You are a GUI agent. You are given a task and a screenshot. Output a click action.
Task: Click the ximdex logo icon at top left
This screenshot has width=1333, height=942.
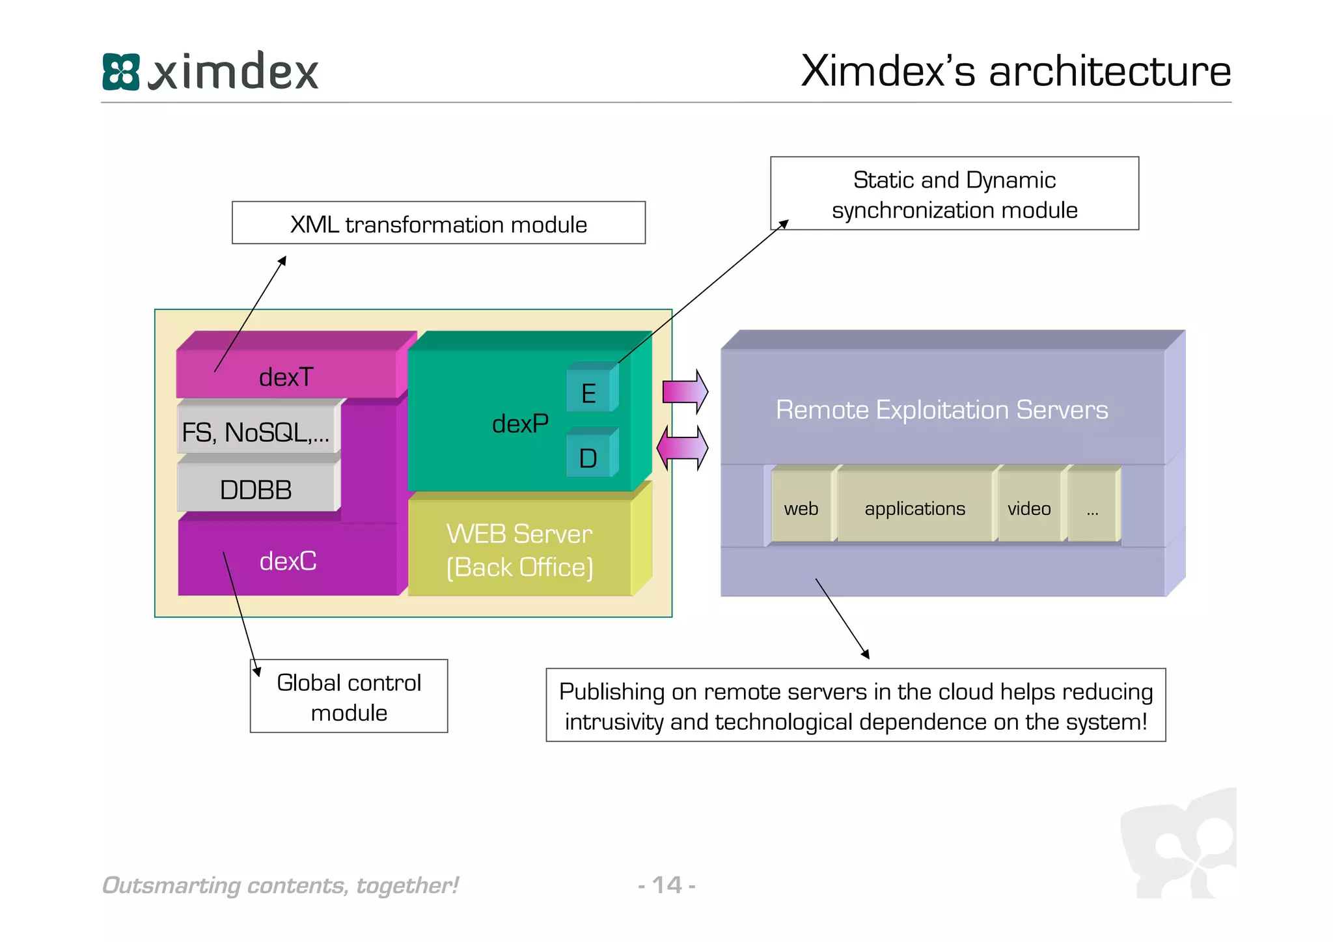[121, 72]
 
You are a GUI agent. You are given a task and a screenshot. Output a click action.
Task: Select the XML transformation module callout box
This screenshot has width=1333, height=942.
[438, 223]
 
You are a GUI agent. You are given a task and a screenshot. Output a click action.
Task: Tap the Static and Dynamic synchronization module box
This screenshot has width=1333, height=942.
[954, 194]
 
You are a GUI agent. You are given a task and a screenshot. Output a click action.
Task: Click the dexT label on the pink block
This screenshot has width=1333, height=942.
[286, 378]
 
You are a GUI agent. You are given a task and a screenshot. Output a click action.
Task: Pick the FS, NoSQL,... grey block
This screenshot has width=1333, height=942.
[256, 432]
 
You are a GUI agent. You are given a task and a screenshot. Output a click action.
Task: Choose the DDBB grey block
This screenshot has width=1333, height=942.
[256, 490]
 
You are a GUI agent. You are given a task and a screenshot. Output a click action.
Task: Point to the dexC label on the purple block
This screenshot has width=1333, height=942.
[288, 561]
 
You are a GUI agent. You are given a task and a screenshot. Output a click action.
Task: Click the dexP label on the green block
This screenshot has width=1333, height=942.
[519, 424]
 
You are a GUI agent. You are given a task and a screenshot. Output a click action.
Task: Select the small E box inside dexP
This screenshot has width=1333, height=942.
[588, 393]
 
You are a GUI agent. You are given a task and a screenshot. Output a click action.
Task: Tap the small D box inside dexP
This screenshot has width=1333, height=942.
[588, 458]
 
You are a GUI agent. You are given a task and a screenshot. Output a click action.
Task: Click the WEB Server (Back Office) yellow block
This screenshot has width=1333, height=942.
[519, 551]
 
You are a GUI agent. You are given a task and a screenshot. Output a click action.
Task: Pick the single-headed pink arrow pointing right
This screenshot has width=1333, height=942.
[685, 392]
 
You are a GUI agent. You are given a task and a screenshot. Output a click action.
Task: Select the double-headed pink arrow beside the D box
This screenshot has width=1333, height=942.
[682, 449]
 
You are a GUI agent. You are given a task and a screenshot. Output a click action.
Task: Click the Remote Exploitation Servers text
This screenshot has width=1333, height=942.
[941, 410]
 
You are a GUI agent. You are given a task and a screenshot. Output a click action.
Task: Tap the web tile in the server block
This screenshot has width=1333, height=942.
[801, 508]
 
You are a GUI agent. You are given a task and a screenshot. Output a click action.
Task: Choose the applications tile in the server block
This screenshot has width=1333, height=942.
[914, 508]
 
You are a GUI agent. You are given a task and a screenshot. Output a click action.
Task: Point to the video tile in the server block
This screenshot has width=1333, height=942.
[1028, 508]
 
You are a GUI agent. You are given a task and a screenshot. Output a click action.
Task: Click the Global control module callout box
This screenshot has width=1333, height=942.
[349, 697]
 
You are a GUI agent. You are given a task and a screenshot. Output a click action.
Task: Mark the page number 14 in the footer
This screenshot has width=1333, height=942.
[666, 885]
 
